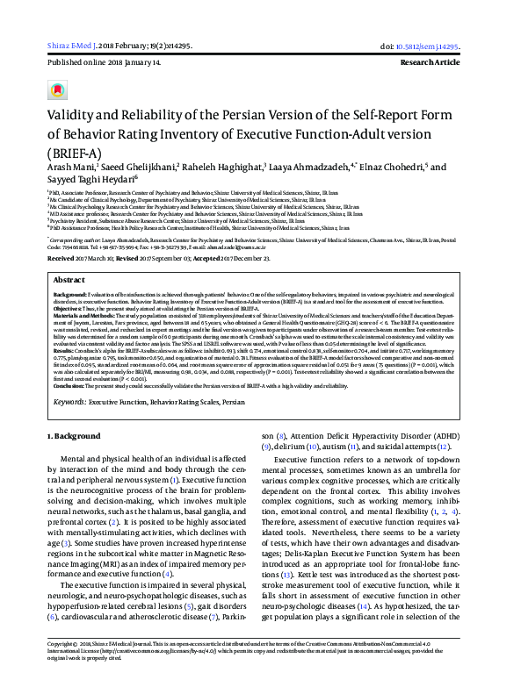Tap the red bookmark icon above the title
coord(58,89)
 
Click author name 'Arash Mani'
coord(69,167)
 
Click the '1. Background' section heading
coord(76,435)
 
